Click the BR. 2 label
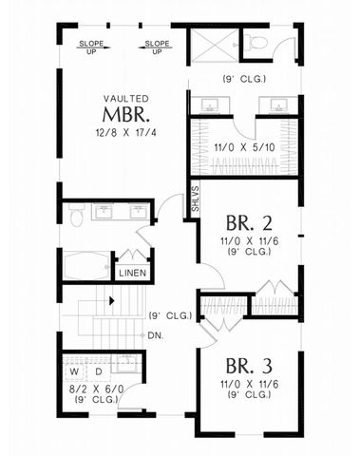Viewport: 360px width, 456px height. pos(249,224)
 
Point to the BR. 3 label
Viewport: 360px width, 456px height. pos(249,366)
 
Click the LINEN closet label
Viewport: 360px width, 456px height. pos(131,274)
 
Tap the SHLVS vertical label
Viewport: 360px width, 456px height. pos(196,201)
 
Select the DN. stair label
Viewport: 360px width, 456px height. pos(157,335)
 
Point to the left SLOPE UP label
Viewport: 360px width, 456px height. pos(91,46)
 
